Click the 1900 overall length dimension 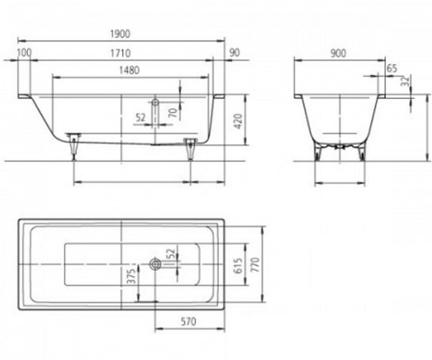[x=120, y=34]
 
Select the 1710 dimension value [x=120, y=53]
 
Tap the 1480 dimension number [x=129, y=70]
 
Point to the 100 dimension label [x=24, y=52]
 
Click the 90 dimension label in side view [x=234, y=52]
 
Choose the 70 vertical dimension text [x=173, y=112]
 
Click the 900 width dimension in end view [x=338, y=53]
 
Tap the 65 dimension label [x=392, y=68]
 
